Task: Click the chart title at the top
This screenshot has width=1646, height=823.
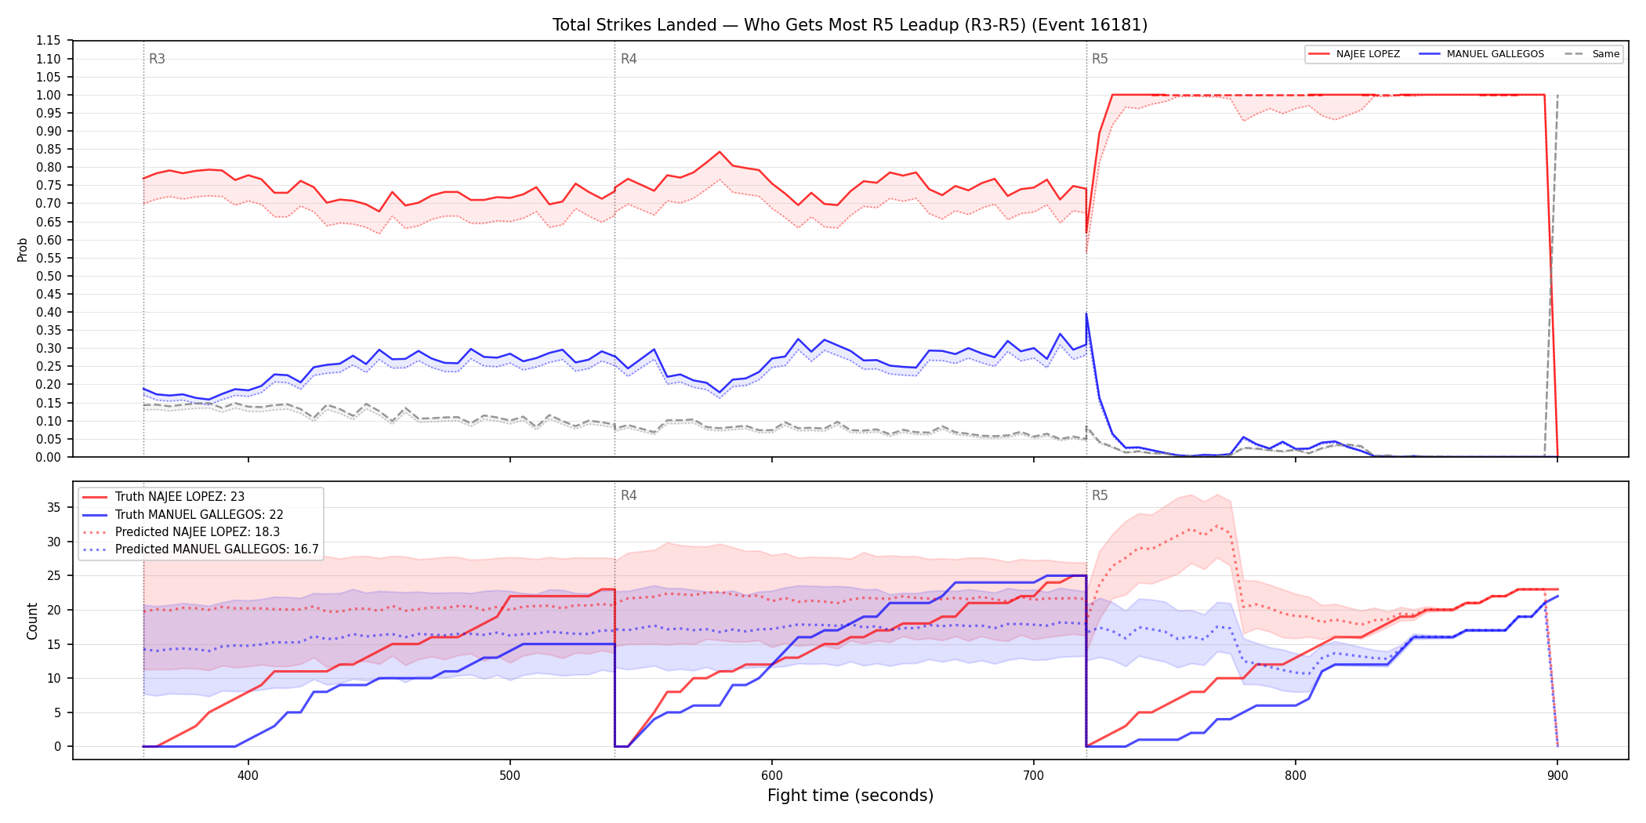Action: pos(850,25)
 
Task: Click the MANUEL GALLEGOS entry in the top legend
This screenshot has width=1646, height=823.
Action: pos(1481,54)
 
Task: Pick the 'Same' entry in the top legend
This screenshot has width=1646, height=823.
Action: pos(1592,54)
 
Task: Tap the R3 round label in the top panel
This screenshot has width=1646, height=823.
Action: pos(157,59)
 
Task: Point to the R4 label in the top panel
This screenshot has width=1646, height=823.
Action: pos(629,59)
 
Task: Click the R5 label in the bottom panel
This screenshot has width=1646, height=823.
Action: pos(1100,495)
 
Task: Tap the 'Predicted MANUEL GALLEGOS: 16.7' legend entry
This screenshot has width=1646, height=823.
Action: pos(201,549)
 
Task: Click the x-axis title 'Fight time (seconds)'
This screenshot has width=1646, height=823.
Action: pos(850,796)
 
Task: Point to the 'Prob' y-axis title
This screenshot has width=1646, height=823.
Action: pos(23,249)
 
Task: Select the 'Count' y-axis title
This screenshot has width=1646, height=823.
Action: pos(32,621)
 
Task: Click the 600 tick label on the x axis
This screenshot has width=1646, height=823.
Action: pos(772,776)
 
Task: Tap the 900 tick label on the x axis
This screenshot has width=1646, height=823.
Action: pos(1557,776)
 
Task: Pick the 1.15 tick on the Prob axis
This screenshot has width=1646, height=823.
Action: pos(48,41)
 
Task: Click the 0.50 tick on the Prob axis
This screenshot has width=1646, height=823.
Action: pos(48,276)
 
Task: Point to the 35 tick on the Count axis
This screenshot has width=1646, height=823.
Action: pos(54,507)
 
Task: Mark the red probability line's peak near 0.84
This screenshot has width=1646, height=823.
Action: pos(720,152)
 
